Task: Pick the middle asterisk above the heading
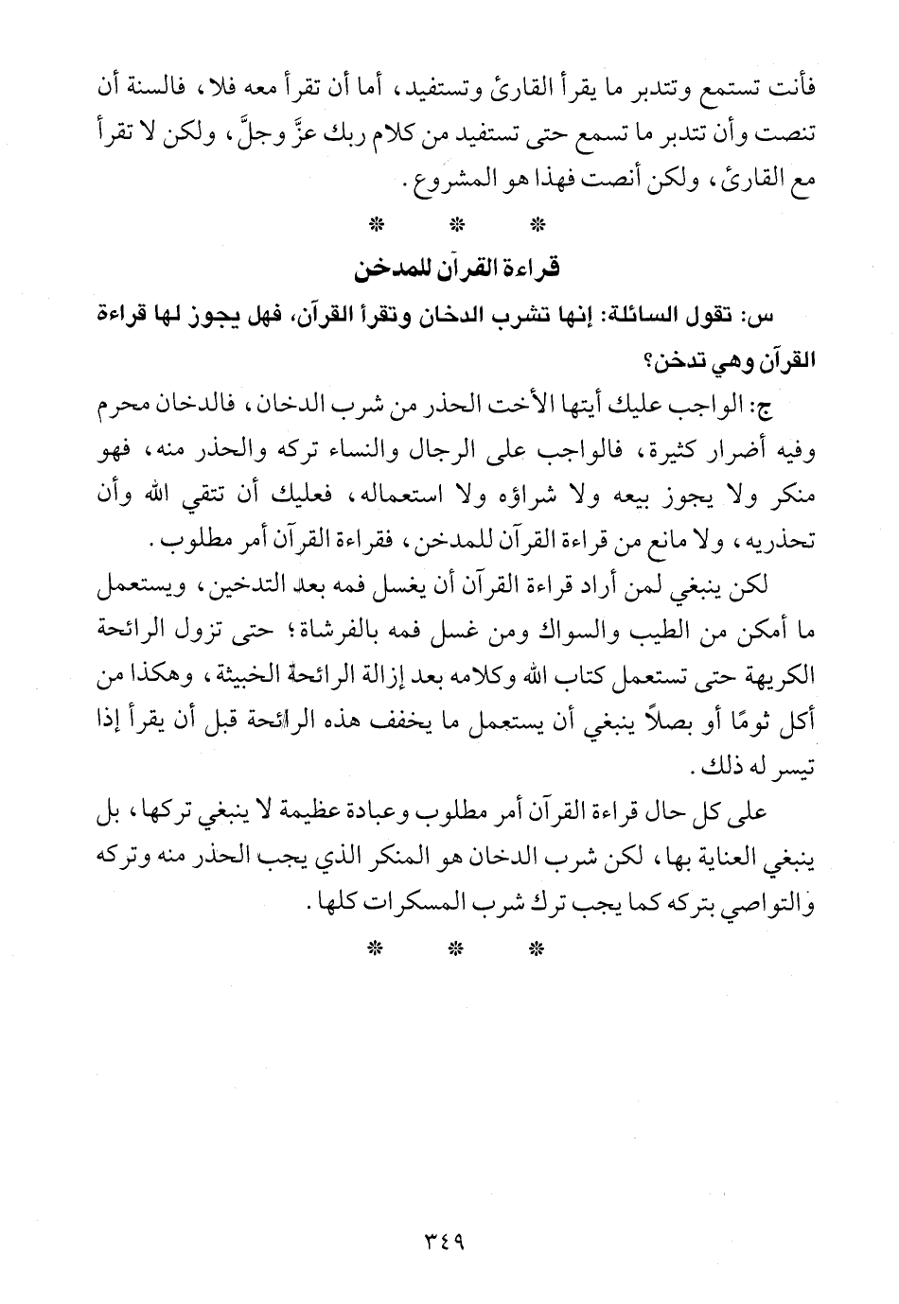click(x=457, y=226)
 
